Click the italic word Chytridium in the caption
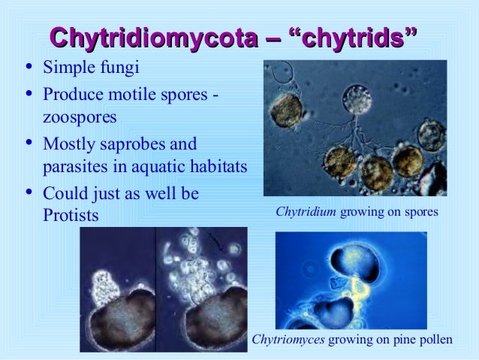tap(306, 213)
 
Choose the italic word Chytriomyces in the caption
tap(288, 340)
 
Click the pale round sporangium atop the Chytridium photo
tap(357, 100)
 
